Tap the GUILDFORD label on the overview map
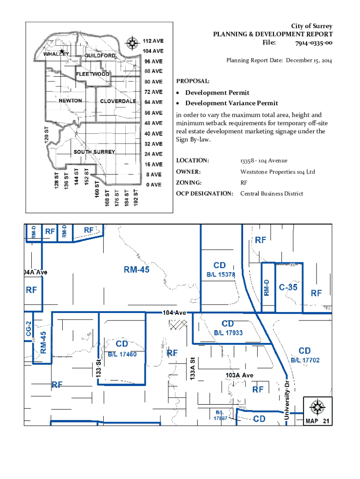pos(100,56)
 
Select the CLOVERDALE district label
pos(118,102)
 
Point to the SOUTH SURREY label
pos(94,152)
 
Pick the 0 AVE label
pos(153,185)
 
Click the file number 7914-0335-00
pos(314,43)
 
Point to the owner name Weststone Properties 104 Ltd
pos(278,172)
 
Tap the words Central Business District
pos(272,194)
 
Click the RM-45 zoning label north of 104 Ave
pos(137,269)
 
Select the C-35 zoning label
pos(288,288)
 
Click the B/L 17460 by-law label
pos(122,354)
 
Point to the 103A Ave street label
pos(239,375)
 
